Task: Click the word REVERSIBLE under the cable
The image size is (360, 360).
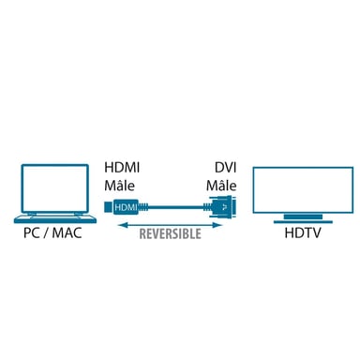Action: click(169, 232)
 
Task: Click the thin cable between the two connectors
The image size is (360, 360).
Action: click(173, 207)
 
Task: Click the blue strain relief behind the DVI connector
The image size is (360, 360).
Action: click(208, 207)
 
